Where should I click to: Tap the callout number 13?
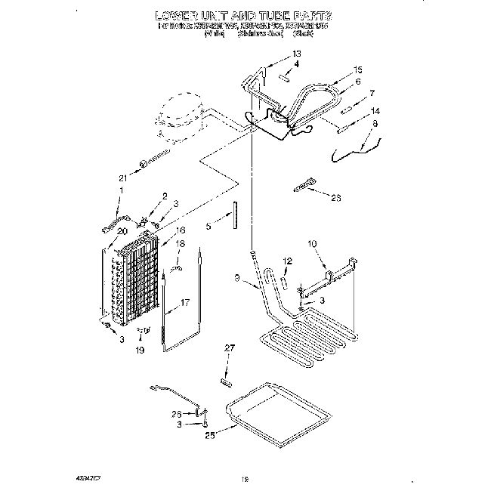pyautogui.click(x=296, y=54)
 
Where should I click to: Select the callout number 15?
pyautogui.click(x=358, y=69)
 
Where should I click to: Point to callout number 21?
pyautogui.click(x=122, y=178)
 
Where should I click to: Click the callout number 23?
pyautogui.click(x=337, y=197)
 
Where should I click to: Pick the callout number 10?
pyautogui.click(x=313, y=244)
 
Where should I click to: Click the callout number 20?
pyautogui.click(x=122, y=233)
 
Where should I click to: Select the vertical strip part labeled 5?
pyautogui.click(x=234, y=213)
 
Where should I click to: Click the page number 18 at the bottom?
pyautogui.click(x=243, y=477)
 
